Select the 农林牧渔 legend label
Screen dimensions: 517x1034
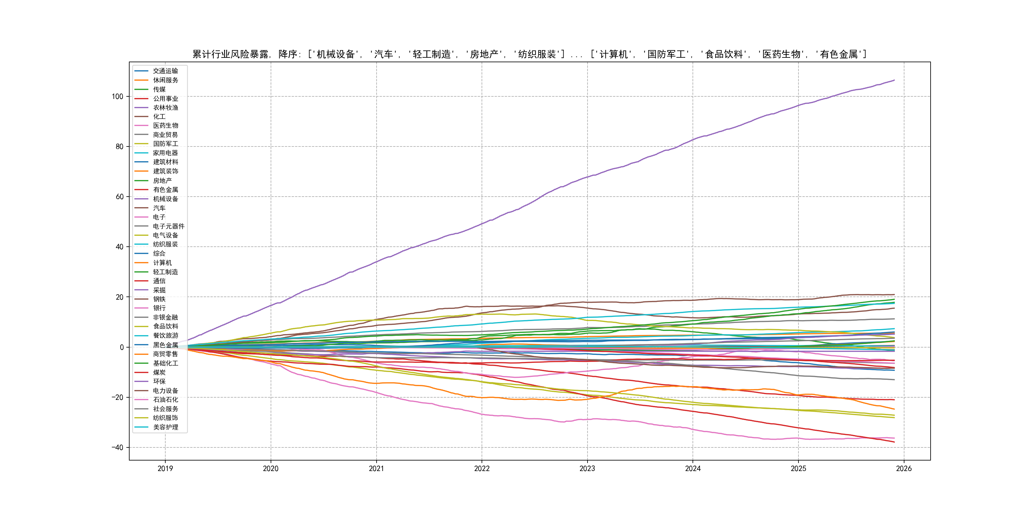tap(165, 108)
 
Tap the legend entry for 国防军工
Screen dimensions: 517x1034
tap(165, 144)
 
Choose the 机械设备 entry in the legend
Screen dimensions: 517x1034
tap(165, 199)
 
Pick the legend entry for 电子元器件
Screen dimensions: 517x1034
tap(168, 226)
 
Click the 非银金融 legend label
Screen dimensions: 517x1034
tap(165, 318)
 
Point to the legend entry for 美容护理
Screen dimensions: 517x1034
tap(165, 427)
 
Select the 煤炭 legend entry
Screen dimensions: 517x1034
tap(159, 372)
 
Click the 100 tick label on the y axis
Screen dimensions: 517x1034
tap(118, 97)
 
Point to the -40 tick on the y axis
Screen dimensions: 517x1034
tap(117, 447)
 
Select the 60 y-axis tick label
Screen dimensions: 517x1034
tap(120, 197)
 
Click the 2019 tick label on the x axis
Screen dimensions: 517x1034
tap(165, 468)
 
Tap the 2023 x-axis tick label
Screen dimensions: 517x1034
tap(587, 468)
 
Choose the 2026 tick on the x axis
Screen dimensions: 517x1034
tap(903, 468)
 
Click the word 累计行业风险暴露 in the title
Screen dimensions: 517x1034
tap(230, 54)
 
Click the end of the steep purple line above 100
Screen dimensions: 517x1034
tap(894, 80)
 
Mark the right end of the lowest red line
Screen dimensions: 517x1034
tap(894, 442)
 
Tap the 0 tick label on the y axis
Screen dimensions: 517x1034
tap(122, 347)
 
